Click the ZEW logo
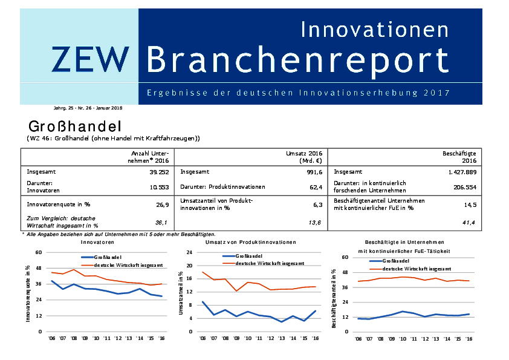click(89, 59)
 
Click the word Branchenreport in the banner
click(297, 59)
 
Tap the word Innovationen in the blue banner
click(375, 28)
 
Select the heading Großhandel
click(76, 127)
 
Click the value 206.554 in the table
click(464, 187)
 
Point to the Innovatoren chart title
click(97, 242)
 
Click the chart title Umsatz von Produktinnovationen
click(251, 242)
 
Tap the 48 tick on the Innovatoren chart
click(39, 268)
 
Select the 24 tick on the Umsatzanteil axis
click(189, 252)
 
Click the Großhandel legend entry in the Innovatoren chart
click(105, 257)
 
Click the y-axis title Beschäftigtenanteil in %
click(334, 299)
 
